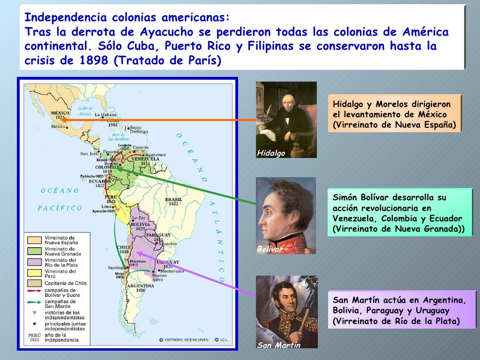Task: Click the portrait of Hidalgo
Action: click(x=286, y=120)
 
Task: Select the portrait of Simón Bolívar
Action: click(x=286, y=216)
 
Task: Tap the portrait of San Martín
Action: click(x=286, y=312)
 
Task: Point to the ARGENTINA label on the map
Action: click(x=140, y=285)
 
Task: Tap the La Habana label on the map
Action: click(x=105, y=114)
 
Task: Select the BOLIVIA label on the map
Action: click(x=140, y=225)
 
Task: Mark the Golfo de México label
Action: click(x=86, y=111)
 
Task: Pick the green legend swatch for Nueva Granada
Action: click(x=35, y=251)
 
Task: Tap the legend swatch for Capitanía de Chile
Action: click(x=35, y=283)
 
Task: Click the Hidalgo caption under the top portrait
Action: click(x=271, y=153)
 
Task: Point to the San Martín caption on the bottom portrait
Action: click(x=278, y=345)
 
